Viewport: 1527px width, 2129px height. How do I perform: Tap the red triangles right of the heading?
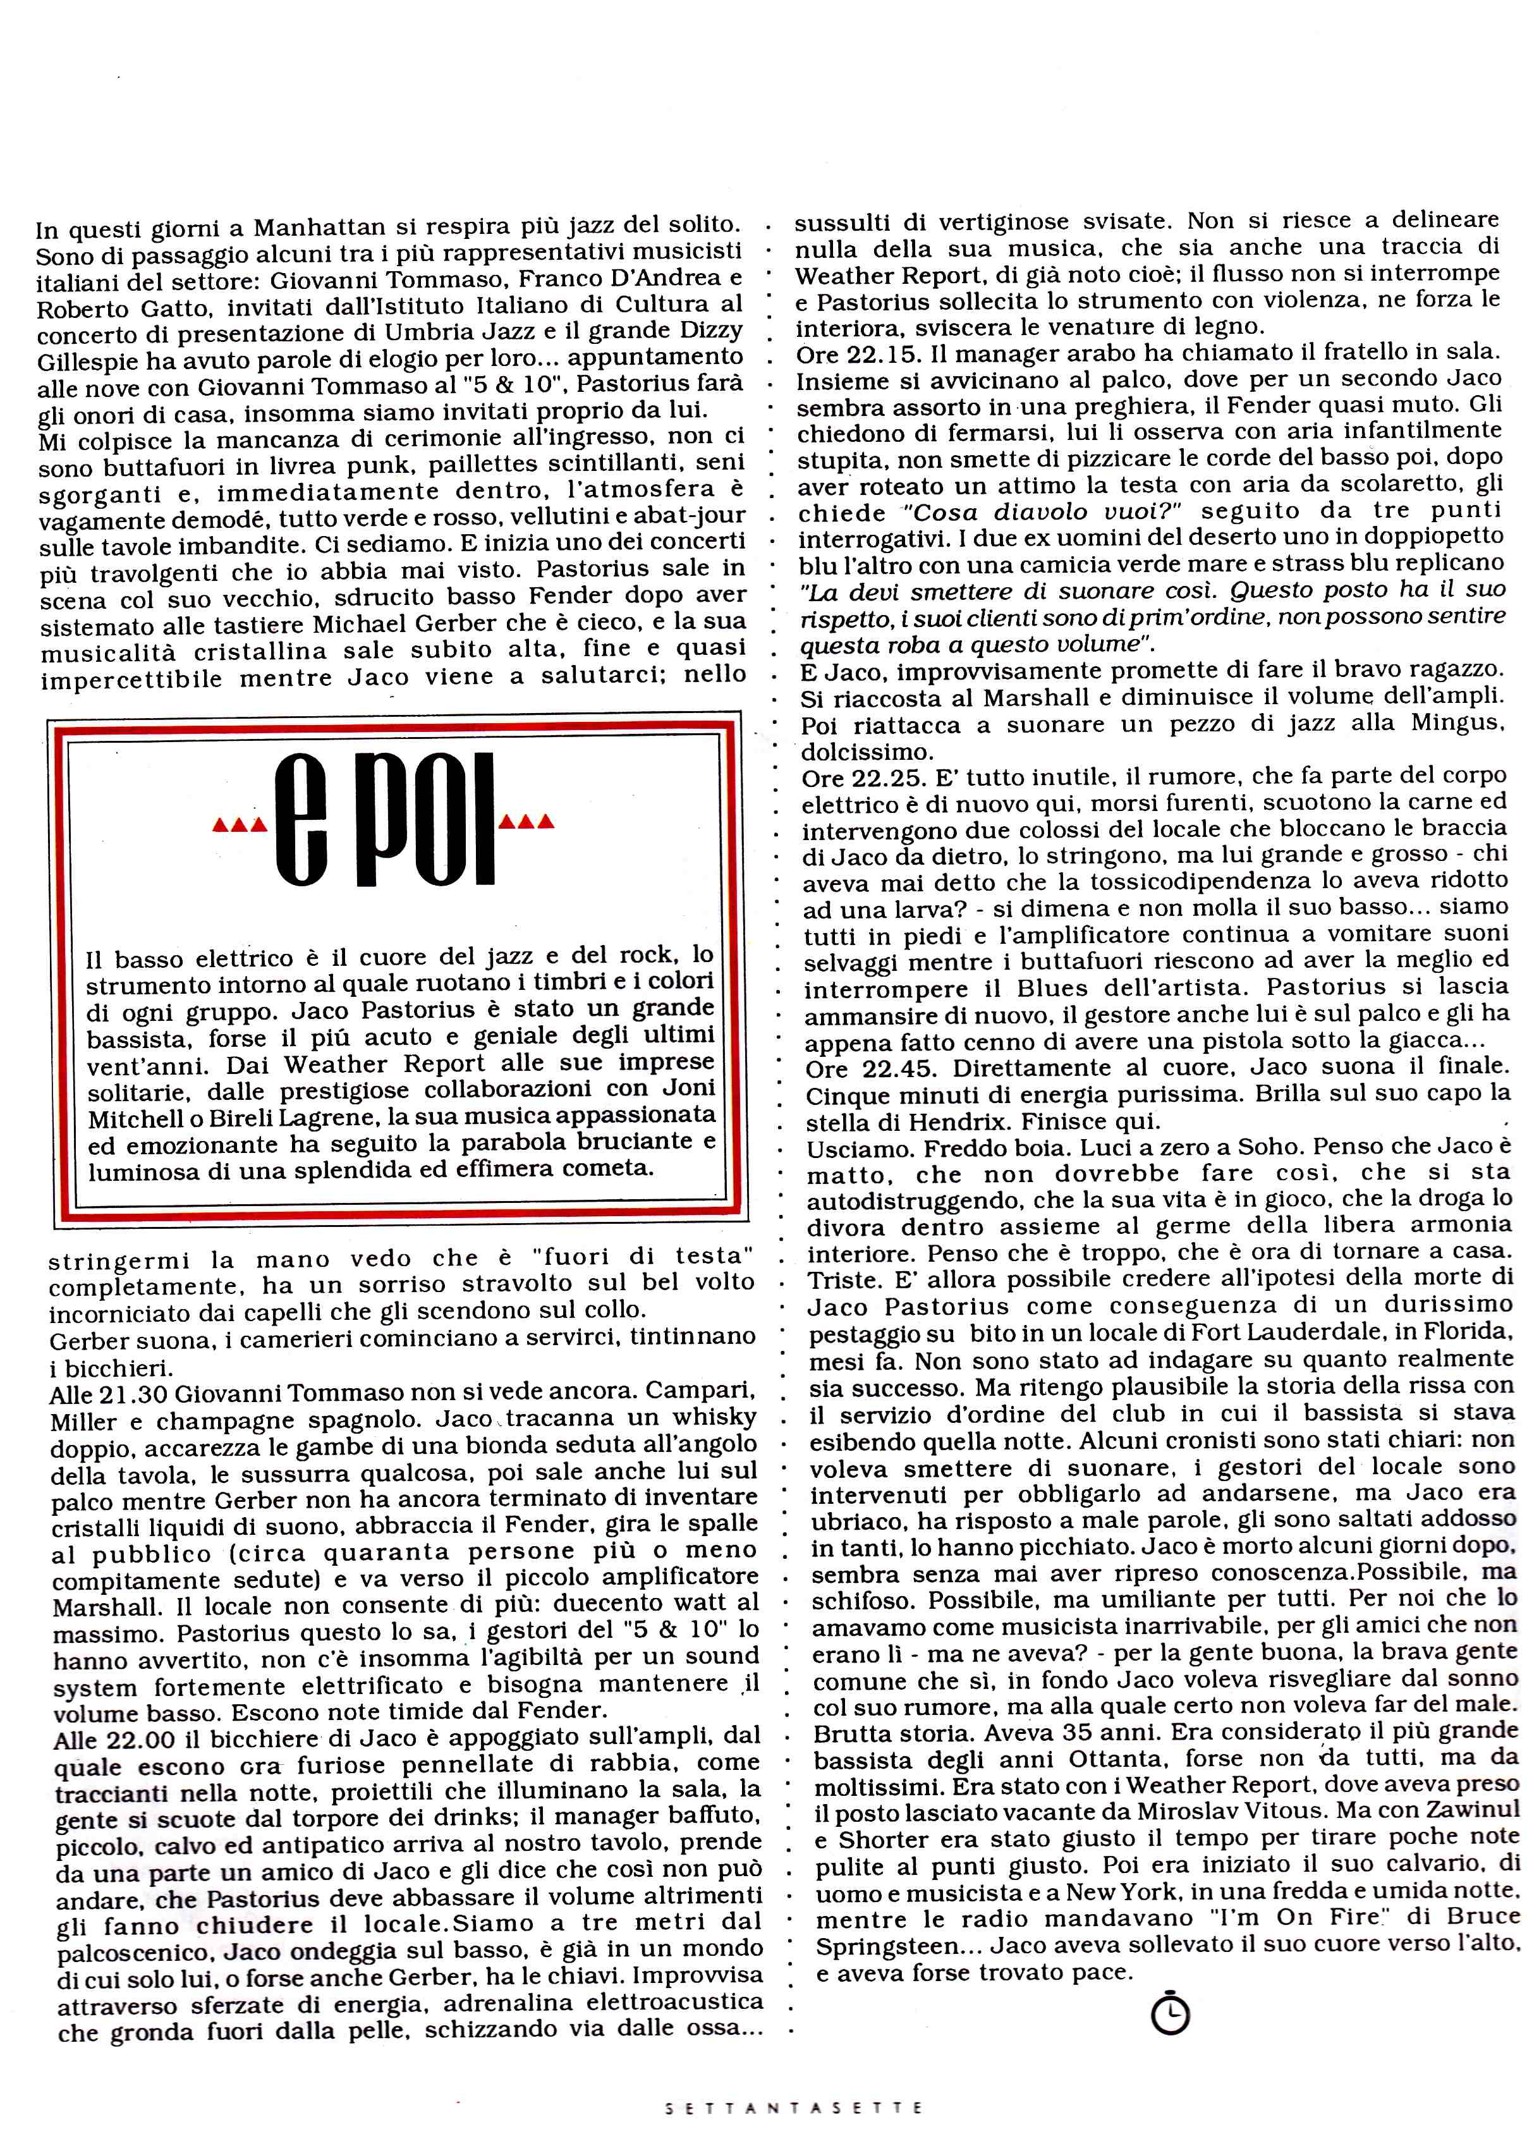[528, 823]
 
